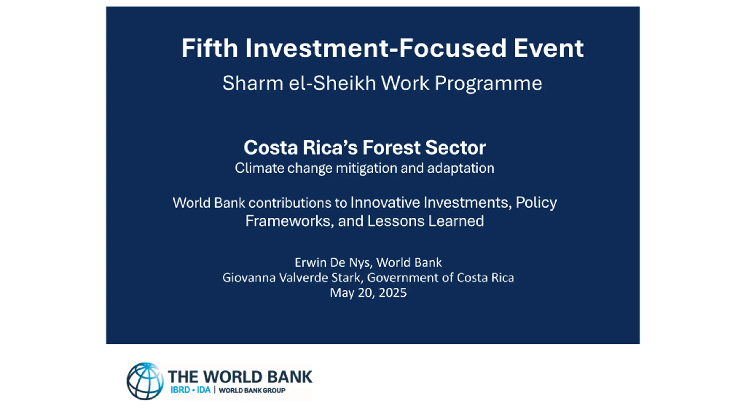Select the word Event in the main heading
[x=549, y=48]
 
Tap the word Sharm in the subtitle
[x=253, y=83]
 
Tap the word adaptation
[x=461, y=169]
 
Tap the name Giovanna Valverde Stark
[x=293, y=278]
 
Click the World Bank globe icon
[x=145, y=381]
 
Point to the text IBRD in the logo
[x=180, y=390]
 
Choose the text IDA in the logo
[x=204, y=390]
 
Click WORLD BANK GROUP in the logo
[x=252, y=390]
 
